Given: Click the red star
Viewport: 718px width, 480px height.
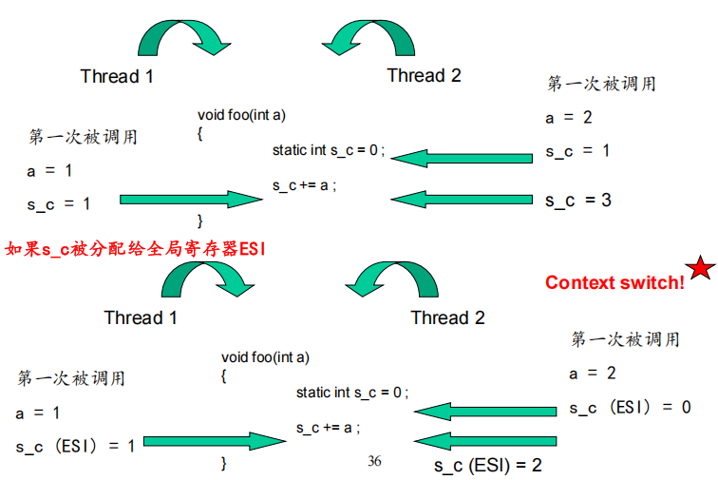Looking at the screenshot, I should (700, 269).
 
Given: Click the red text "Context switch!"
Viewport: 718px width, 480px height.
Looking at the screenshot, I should (614, 282).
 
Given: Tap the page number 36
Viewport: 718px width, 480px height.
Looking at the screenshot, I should (374, 461).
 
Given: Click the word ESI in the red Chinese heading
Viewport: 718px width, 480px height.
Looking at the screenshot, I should (252, 249).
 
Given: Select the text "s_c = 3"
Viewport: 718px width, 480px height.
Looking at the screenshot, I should (577, 200).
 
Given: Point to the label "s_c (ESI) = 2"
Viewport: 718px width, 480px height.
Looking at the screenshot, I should (487, 466).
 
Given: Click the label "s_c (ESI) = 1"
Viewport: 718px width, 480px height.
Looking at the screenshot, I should (75, 445).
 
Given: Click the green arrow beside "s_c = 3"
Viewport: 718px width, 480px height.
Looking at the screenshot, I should (462, 200).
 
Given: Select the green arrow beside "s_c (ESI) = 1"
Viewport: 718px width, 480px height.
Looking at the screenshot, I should (214, 442).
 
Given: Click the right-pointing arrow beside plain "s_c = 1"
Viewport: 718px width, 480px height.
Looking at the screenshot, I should (190, 200).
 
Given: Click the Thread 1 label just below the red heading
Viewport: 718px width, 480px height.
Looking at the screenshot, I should (141, 317).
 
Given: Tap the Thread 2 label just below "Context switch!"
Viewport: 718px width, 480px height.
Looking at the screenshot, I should (447, 317).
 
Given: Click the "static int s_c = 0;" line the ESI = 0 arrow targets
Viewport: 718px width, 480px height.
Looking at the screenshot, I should (351, 393).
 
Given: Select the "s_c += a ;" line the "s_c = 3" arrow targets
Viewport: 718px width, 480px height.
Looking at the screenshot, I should (305, 185).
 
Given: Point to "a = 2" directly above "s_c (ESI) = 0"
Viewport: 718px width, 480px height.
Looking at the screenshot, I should (593, 373).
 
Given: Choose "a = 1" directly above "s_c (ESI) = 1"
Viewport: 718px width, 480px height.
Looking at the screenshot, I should (38, 413).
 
